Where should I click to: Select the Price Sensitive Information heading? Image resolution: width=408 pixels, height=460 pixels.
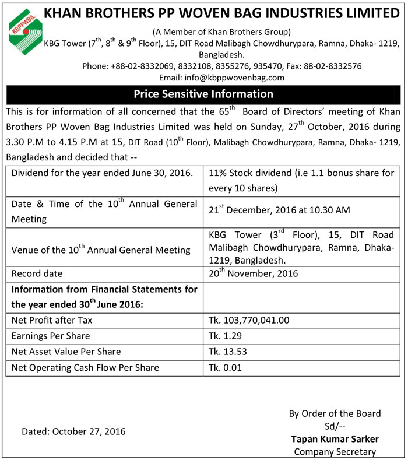coord(203,93)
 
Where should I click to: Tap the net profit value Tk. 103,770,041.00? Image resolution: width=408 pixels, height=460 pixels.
coord(249,321)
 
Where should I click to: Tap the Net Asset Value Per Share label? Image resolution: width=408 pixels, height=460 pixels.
coord(66,352)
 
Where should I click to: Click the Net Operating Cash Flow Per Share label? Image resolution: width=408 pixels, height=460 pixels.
coord(85,367)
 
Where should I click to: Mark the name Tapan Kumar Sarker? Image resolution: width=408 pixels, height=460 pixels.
coord(335,438)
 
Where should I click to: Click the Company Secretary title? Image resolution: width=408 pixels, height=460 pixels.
coord(335,451)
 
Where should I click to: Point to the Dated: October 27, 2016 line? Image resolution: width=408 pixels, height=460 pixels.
coord(74,431)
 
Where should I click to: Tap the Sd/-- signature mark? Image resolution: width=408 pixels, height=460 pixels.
coord(335,426)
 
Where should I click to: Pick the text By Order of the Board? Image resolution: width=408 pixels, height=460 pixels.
coord(335,413)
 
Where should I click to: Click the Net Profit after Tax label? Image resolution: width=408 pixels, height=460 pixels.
coord(52,321)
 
